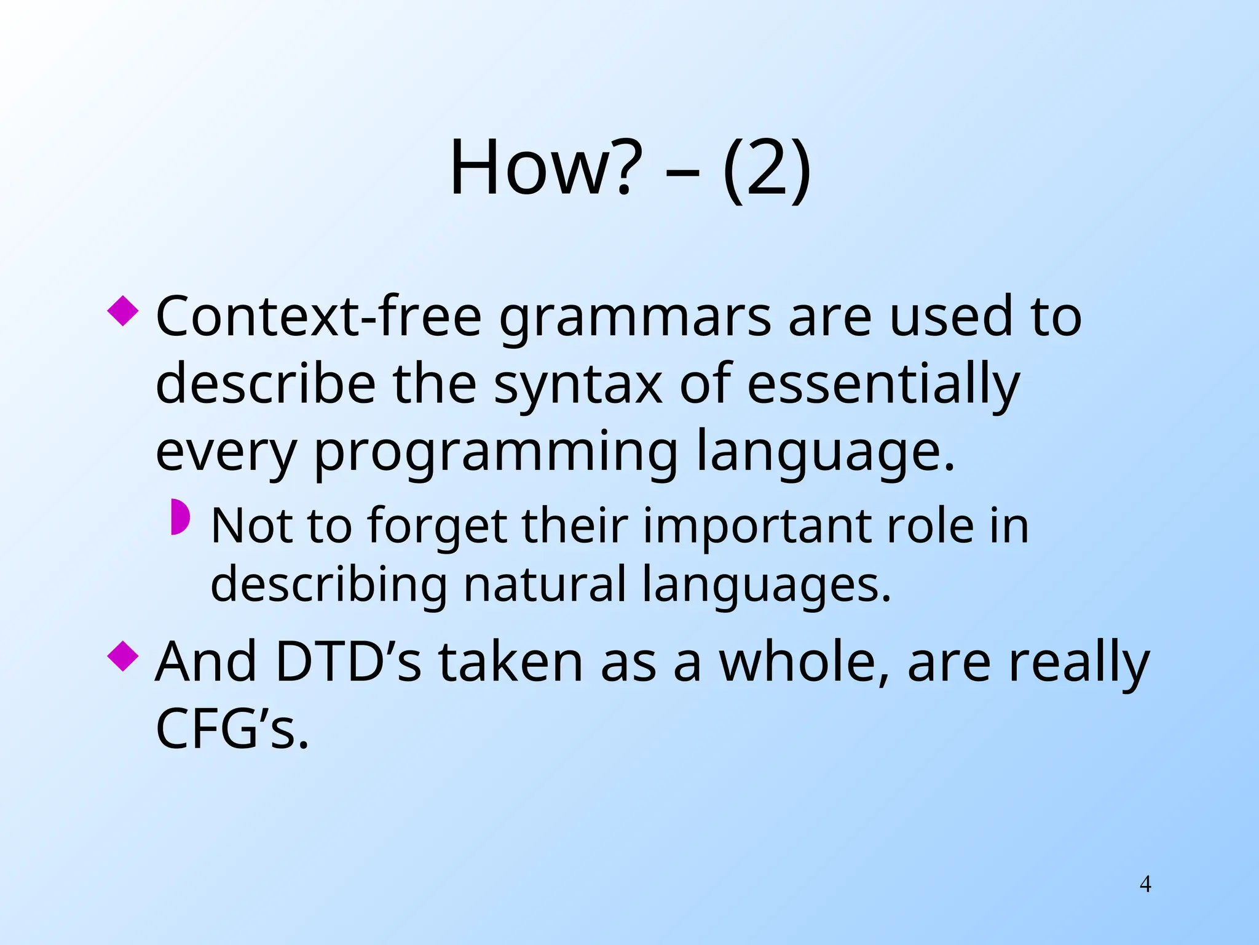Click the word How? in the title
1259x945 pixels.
click(x=541, y=168)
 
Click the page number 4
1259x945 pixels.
click(x=1145, y=884)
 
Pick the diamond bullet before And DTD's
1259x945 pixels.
click(x=123, y=656)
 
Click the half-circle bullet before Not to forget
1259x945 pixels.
click(x=180, y=517)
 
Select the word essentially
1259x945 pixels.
click(x=883, y=385)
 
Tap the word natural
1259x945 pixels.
click(x=545, y=584)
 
